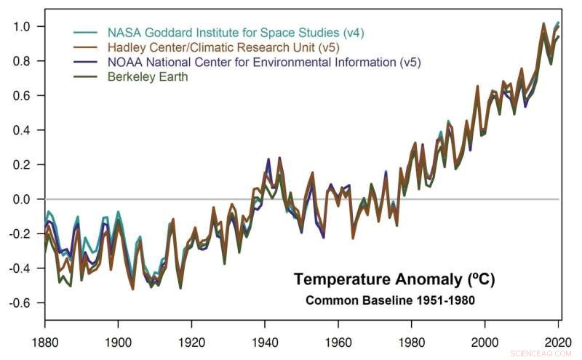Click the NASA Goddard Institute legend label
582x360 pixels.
(234, 33)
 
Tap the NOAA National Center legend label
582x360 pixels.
(264, 62)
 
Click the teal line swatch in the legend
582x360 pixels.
(86, 33)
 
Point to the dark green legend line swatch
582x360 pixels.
(86, 76)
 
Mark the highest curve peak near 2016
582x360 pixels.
(543, 23)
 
